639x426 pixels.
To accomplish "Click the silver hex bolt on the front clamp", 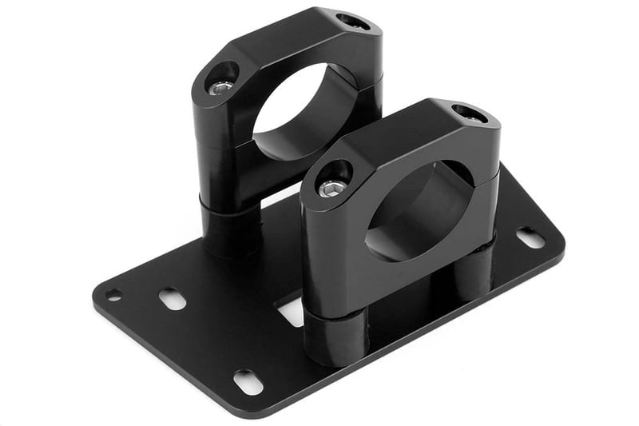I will pos(332,188).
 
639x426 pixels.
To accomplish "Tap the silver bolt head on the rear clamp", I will pos(221,86).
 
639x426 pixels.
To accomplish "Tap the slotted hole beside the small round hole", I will pos(172,299).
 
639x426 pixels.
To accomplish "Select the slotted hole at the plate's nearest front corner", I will pos(248,381).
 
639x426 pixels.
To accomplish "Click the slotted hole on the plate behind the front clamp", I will pos(530,237).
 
